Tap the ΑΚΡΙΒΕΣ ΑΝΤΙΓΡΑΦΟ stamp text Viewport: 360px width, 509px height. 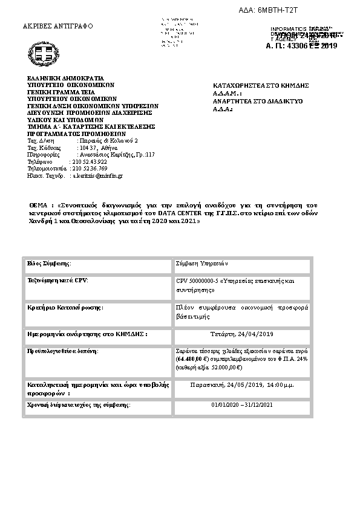coord(57,27)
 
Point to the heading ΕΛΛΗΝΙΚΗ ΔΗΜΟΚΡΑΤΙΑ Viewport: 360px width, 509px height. coord(66,79)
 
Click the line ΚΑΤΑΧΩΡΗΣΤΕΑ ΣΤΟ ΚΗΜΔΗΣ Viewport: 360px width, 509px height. coord(262,85)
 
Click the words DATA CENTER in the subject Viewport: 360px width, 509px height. coord(169,213)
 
